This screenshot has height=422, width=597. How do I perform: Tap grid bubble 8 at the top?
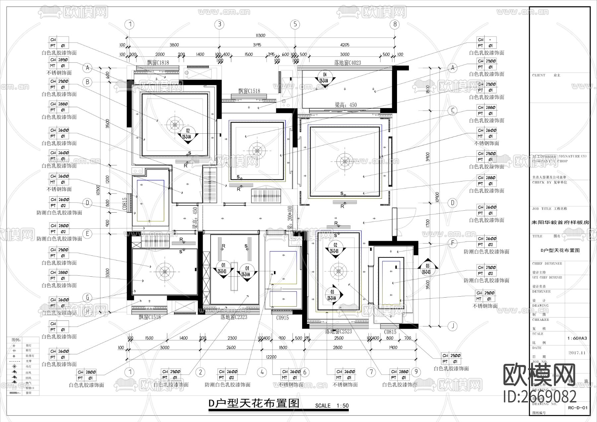394,24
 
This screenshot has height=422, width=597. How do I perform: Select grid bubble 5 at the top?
295,24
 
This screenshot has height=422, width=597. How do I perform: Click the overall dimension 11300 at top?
260,35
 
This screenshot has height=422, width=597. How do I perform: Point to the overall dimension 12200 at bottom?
271,357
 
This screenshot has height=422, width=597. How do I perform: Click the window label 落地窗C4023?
348,63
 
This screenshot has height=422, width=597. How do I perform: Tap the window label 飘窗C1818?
158,63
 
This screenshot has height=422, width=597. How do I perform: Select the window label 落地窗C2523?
338,331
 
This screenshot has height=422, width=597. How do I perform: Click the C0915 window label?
282,317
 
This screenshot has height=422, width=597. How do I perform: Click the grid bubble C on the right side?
452,110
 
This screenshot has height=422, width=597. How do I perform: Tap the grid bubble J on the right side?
452,326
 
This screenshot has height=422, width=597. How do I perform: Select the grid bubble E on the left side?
87,234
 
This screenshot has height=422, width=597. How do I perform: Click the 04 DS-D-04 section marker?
325,78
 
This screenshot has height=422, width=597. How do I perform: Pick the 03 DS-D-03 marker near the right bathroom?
428,269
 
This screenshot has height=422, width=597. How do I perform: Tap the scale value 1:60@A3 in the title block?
577,338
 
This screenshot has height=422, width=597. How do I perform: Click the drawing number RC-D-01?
577,408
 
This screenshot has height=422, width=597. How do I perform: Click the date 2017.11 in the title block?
576,353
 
